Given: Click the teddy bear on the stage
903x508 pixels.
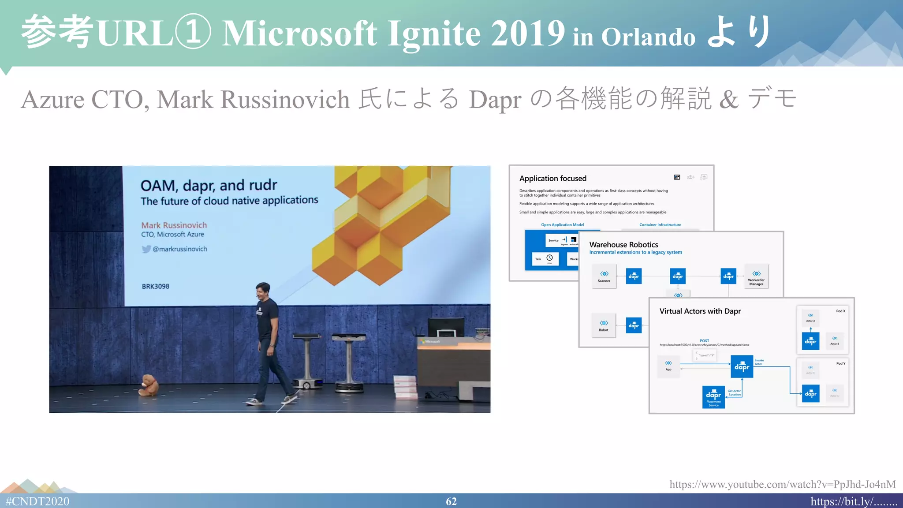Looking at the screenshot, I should click(149, 385).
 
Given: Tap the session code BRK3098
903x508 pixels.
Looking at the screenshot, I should click(155, 286).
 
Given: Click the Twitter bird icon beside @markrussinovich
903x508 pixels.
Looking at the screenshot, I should click(146, 249).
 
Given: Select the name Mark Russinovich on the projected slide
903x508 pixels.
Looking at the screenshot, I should click(174, 225).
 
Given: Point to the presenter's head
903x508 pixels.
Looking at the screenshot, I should click(263, 291).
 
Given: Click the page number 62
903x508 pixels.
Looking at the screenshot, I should click(451, 501).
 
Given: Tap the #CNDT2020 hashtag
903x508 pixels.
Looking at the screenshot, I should click(37, 501).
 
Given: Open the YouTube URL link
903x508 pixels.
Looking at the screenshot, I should click(782, 484).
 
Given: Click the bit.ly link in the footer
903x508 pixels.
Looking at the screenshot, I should click(854, 501).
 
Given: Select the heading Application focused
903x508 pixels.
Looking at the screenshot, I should click(552, 178).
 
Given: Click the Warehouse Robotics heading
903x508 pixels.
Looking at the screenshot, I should click(623, 244).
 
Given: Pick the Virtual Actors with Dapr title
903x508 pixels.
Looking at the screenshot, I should click(700, 311).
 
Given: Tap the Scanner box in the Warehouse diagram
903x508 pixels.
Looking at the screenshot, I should click(604, 276).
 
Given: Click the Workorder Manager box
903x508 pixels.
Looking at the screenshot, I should click(756, 277).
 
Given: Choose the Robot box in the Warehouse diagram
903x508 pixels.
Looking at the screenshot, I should click(604, 325).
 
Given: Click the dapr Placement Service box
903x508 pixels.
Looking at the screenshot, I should click(713, 397).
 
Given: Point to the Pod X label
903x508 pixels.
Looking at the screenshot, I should click(840, 311).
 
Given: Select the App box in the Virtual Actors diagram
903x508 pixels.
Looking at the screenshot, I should click(668, 366).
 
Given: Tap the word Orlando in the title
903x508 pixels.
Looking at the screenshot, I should click(648, 37).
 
